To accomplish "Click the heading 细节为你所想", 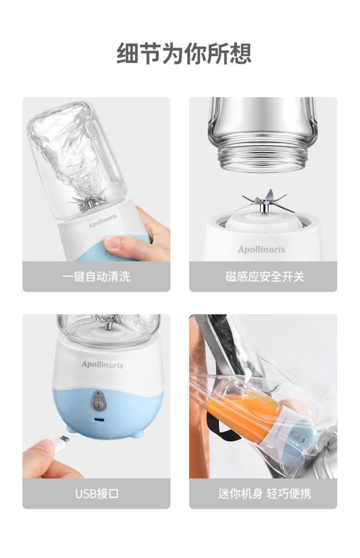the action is click(184, 53).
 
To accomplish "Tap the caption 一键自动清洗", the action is click(96, 276).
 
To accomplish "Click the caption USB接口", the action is click(96, 494).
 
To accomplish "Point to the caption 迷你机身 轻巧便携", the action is click(264, 494).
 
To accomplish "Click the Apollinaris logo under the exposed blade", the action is click(261, 249).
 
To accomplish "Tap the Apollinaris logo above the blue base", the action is click(102, 364).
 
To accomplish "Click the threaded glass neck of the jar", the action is click(263, 157).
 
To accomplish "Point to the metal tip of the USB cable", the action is click(64, 438).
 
